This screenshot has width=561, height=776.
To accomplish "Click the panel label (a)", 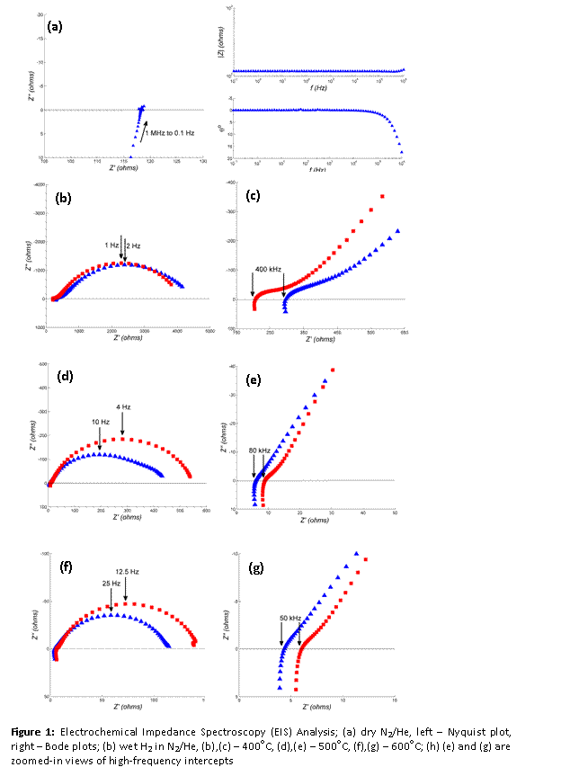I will pyautogui.click(x=56, y=28).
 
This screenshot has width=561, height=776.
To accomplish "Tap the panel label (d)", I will pyautogui.click(x=65, y=376).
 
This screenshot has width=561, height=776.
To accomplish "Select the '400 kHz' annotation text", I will pyautogui.click(x=269, y=270).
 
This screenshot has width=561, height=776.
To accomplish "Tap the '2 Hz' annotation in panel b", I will pyautogui.click(x=132, y=245).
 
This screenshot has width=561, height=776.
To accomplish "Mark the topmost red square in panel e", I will pyautogui.click(x=333, y=370).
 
